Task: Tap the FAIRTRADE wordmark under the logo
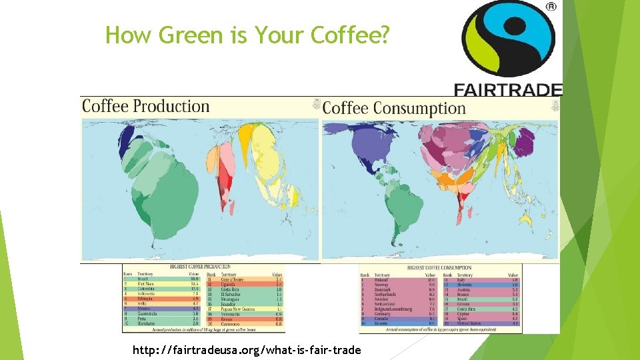(508, 89)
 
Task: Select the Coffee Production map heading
(145, 107)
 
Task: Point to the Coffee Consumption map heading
(393, 108)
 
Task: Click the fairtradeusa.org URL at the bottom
(247, 350)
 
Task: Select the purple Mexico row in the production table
(146, 309)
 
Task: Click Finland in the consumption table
(381, 280)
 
